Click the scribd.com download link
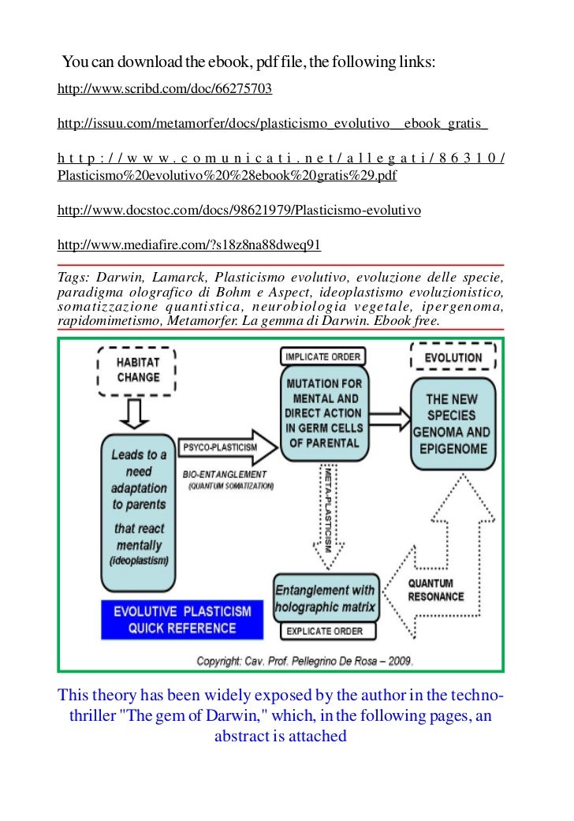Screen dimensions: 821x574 click(165, 89)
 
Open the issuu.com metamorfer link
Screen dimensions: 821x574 click(273, 124)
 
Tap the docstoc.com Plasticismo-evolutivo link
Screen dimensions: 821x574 click(240, 211)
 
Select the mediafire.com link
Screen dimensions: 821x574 click(189, 245)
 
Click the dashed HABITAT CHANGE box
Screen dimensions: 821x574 click(137, 369)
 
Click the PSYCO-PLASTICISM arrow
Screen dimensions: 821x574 click(228, 448)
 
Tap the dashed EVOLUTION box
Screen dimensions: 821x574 click(453, 357)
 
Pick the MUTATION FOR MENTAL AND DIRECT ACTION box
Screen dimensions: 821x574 click(322, 412)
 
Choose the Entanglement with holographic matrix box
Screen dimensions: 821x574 click(326, 599)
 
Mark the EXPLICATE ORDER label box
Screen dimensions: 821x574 click(324, 631)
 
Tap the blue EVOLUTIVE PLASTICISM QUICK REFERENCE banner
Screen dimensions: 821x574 click(182, 620)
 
